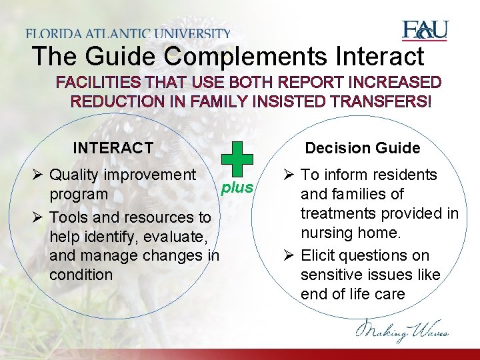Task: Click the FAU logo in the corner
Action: tap(425, 31)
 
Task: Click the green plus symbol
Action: tap(237, 159)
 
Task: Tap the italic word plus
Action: tap(237, 187)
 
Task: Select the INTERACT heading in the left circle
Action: tap(113, 148)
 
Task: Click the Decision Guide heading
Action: tap(363, 148)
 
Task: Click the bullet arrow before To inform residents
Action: tap(289, 175)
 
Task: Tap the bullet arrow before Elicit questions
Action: tap(289, 256)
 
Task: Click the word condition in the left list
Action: tap(81, 275)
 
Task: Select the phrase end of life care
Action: tap(353, 294)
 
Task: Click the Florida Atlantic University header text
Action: tap(128, 33)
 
